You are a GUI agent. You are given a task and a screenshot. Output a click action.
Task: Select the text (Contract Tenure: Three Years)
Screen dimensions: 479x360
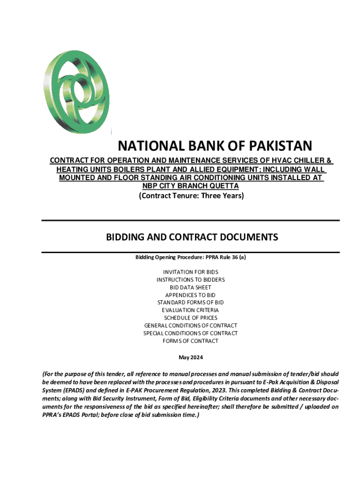pos(191,196)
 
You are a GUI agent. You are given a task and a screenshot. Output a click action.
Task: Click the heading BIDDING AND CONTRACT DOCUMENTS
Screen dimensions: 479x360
pos(192,237)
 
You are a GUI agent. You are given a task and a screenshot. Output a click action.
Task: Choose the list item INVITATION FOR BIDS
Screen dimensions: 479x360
pos(191,272)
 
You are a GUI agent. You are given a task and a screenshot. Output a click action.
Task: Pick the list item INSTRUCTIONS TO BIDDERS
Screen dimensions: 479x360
pos(191,280)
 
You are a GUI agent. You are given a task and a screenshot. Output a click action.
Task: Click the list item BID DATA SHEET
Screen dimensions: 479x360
pos(191,287)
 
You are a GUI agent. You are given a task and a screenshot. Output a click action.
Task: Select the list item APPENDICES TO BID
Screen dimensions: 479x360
pos(191,295)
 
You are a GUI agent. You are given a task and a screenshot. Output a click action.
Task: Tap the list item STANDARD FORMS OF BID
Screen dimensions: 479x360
pos(191,303)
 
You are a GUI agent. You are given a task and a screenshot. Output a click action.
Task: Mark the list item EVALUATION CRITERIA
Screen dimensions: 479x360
pos(191,310)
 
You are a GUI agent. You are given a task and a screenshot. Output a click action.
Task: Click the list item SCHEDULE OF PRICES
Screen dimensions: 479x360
pos(191,318)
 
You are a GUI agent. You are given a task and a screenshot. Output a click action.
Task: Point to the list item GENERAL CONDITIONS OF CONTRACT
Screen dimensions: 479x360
pos(191,326)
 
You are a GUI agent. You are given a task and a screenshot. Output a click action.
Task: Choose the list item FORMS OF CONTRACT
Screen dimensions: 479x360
pos(191,341)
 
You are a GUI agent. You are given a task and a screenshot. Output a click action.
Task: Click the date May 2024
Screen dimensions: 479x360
pos(191,358)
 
